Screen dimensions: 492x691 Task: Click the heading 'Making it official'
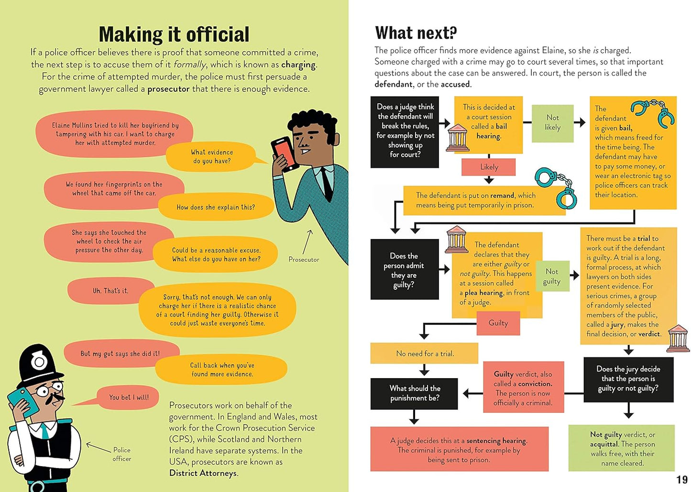point(174,34)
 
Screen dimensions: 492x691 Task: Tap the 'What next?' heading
point(416,33)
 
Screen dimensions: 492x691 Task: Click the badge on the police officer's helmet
point(38,361)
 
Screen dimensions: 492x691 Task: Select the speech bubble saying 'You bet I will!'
point(128,397)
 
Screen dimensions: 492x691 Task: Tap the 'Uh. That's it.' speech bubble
point(110,291)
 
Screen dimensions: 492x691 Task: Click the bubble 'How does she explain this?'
point(216,207)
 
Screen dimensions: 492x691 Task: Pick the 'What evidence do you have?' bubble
point(212,157)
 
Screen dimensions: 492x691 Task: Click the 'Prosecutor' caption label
point(304,259)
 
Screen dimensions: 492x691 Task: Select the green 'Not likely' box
point(552,122)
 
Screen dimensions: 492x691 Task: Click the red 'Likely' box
point(489,167)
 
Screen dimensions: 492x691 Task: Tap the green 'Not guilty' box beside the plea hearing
point(552,276)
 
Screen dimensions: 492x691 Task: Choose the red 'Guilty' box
point(498,323)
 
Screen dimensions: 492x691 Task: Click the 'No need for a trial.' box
point(424,353)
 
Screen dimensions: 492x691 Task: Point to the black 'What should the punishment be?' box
point(414,393)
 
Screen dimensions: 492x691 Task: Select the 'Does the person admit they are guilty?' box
point(404,270)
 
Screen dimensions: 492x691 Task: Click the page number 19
point(681,480)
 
